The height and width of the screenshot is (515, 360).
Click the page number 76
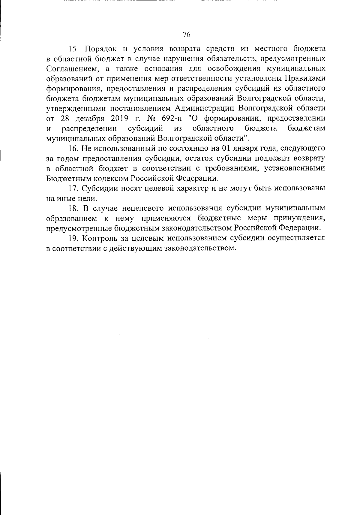pyautogui.click(x=186, y=35)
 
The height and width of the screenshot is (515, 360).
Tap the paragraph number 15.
pyautogui.click(x=73, y=49)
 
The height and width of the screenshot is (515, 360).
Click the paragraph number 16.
pyautogui.click(x=73, y=148)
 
